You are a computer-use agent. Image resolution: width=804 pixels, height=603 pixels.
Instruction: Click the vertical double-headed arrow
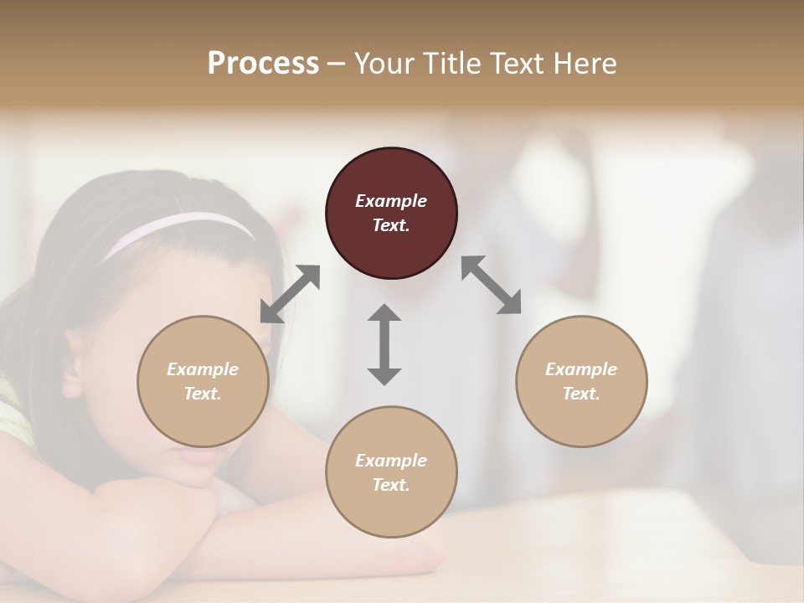(384, 344)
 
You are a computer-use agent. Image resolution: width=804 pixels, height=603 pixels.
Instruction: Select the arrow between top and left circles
(290, 294)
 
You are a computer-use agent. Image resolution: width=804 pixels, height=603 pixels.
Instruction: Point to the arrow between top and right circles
(492, 285)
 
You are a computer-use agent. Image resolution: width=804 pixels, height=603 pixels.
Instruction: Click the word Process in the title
(263, 64)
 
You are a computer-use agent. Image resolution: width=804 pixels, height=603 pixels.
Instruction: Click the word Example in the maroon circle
(391, 201)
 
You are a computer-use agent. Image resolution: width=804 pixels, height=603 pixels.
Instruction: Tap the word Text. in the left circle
(203, 394)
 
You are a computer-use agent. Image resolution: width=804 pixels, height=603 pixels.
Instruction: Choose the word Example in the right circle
(581, 369)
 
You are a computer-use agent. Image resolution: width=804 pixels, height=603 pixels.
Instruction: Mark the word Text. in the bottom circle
(391, 485)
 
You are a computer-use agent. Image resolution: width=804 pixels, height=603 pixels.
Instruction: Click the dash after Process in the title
(337, 64)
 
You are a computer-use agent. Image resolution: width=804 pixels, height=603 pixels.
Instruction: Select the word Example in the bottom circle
(391, 461)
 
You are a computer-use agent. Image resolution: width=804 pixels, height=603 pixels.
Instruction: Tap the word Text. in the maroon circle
(391, 225)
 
